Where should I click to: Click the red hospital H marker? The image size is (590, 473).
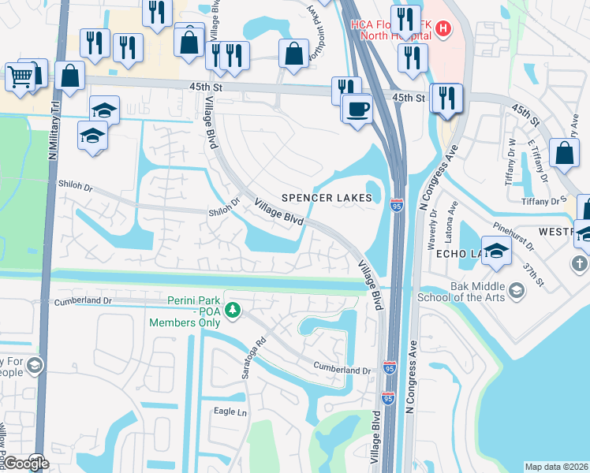[x=443, y=30]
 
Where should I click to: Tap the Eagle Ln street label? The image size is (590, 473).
[x=230, y=412]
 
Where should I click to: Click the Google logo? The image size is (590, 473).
[x=26, y=464]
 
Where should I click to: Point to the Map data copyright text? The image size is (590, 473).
[x=556, y=467]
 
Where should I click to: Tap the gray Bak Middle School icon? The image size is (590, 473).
[x=516, y=291]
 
